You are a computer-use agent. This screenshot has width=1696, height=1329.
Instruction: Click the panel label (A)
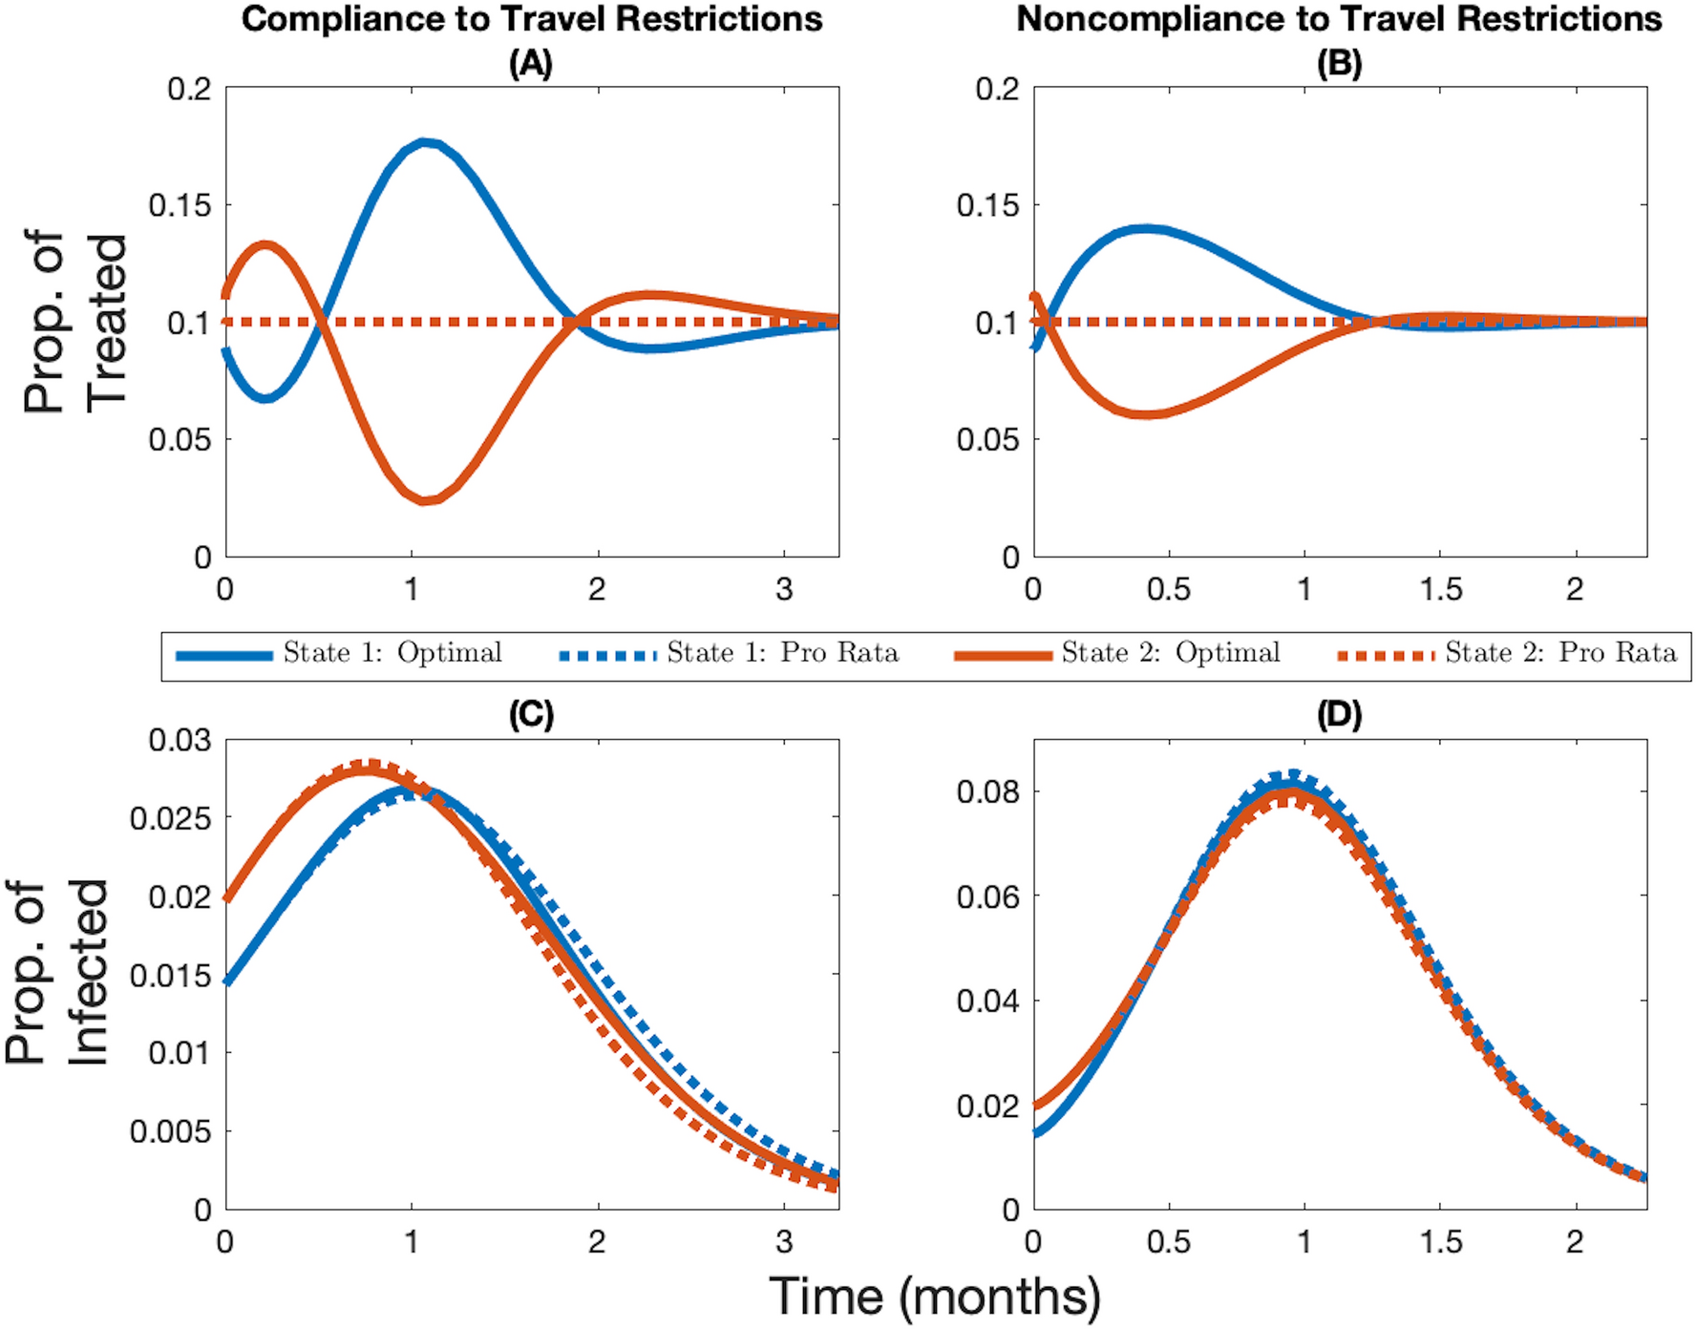(530, 64)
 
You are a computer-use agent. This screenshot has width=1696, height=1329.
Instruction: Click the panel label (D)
(1339, 715)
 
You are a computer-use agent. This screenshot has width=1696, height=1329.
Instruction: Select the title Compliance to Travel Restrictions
(531, 19)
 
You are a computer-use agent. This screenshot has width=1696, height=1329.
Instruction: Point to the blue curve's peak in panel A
(425, 143)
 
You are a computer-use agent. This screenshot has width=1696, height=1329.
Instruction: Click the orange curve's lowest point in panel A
(426, 499)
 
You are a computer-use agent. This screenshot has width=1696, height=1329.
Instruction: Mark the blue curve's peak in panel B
(1146, 229)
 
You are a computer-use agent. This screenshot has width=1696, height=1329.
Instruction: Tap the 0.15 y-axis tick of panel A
(180, 205)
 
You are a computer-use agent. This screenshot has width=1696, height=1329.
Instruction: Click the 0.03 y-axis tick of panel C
(180, 740)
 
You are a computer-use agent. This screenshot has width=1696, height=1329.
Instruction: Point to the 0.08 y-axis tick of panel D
(987, 791)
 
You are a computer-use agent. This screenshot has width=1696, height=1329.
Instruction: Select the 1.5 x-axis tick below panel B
(1440, 589)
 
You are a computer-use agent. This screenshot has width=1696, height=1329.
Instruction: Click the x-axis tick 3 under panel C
(784, 1241)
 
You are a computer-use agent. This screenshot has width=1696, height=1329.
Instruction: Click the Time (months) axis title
(935, 1297)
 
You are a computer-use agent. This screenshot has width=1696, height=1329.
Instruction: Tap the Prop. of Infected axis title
(57, 972)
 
